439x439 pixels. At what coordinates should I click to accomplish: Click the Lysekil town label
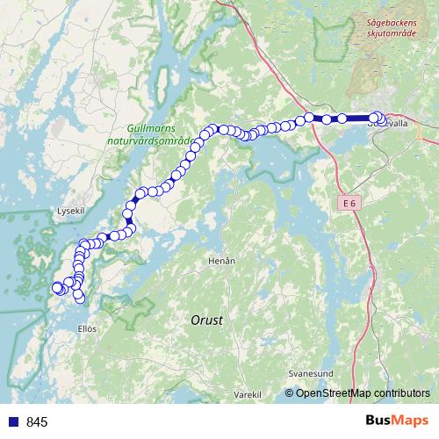tap(68, 211)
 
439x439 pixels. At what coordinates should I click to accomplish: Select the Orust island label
tap(206, 320)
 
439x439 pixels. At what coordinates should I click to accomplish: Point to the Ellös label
tap(87, 329)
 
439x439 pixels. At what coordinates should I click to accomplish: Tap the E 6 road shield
tap(350, 203)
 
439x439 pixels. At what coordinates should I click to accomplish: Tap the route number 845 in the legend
tap(37, 422)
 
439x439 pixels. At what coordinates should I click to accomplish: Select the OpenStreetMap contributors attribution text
tap(362, 393)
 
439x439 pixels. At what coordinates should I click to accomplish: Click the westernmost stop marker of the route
tap(58, 287)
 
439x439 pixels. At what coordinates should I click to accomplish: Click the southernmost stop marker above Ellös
tap(81, 299)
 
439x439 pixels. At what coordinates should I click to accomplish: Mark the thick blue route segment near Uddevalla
tap(358, 118)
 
